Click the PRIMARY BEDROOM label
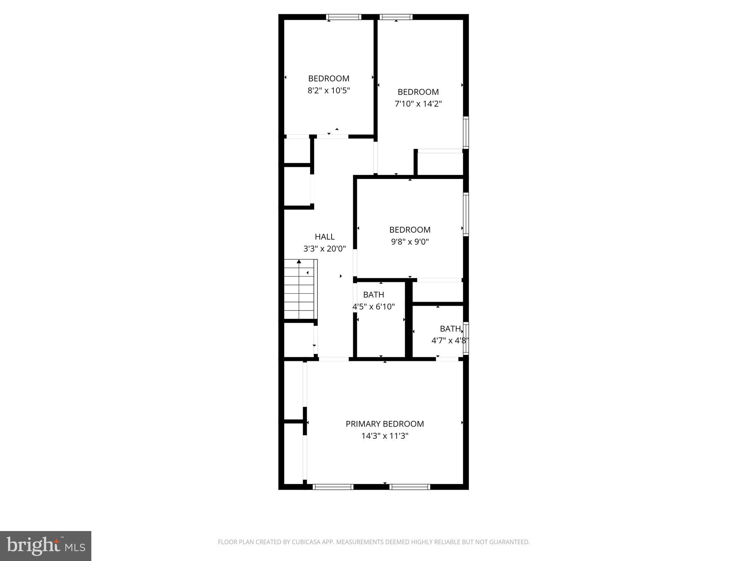tap(385, 424)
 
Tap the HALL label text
tap(325, 237)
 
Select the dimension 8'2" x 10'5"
tap(329, 90)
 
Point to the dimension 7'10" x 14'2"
tap(418, 104)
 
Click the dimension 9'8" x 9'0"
tap(410, 241)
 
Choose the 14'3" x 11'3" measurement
tap(385, 436)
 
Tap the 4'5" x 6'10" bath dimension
tap(374, 306)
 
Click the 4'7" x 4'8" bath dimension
tap(450, 340)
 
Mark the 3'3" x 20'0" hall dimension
tap(325, 249)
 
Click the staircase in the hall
tap(299, 290)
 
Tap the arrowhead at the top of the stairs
tap(299, 261)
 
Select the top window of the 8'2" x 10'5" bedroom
tap(343, 17)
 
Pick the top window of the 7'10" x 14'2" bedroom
tap(396, 17)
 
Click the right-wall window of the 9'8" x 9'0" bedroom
tap(466, 214)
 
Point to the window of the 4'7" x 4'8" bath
tap(466, 338)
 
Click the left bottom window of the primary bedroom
tap(333, 486)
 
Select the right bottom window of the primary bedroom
tap(410, 486)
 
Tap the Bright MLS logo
tap(46, 546)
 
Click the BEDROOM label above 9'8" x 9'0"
tap(410, 230)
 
